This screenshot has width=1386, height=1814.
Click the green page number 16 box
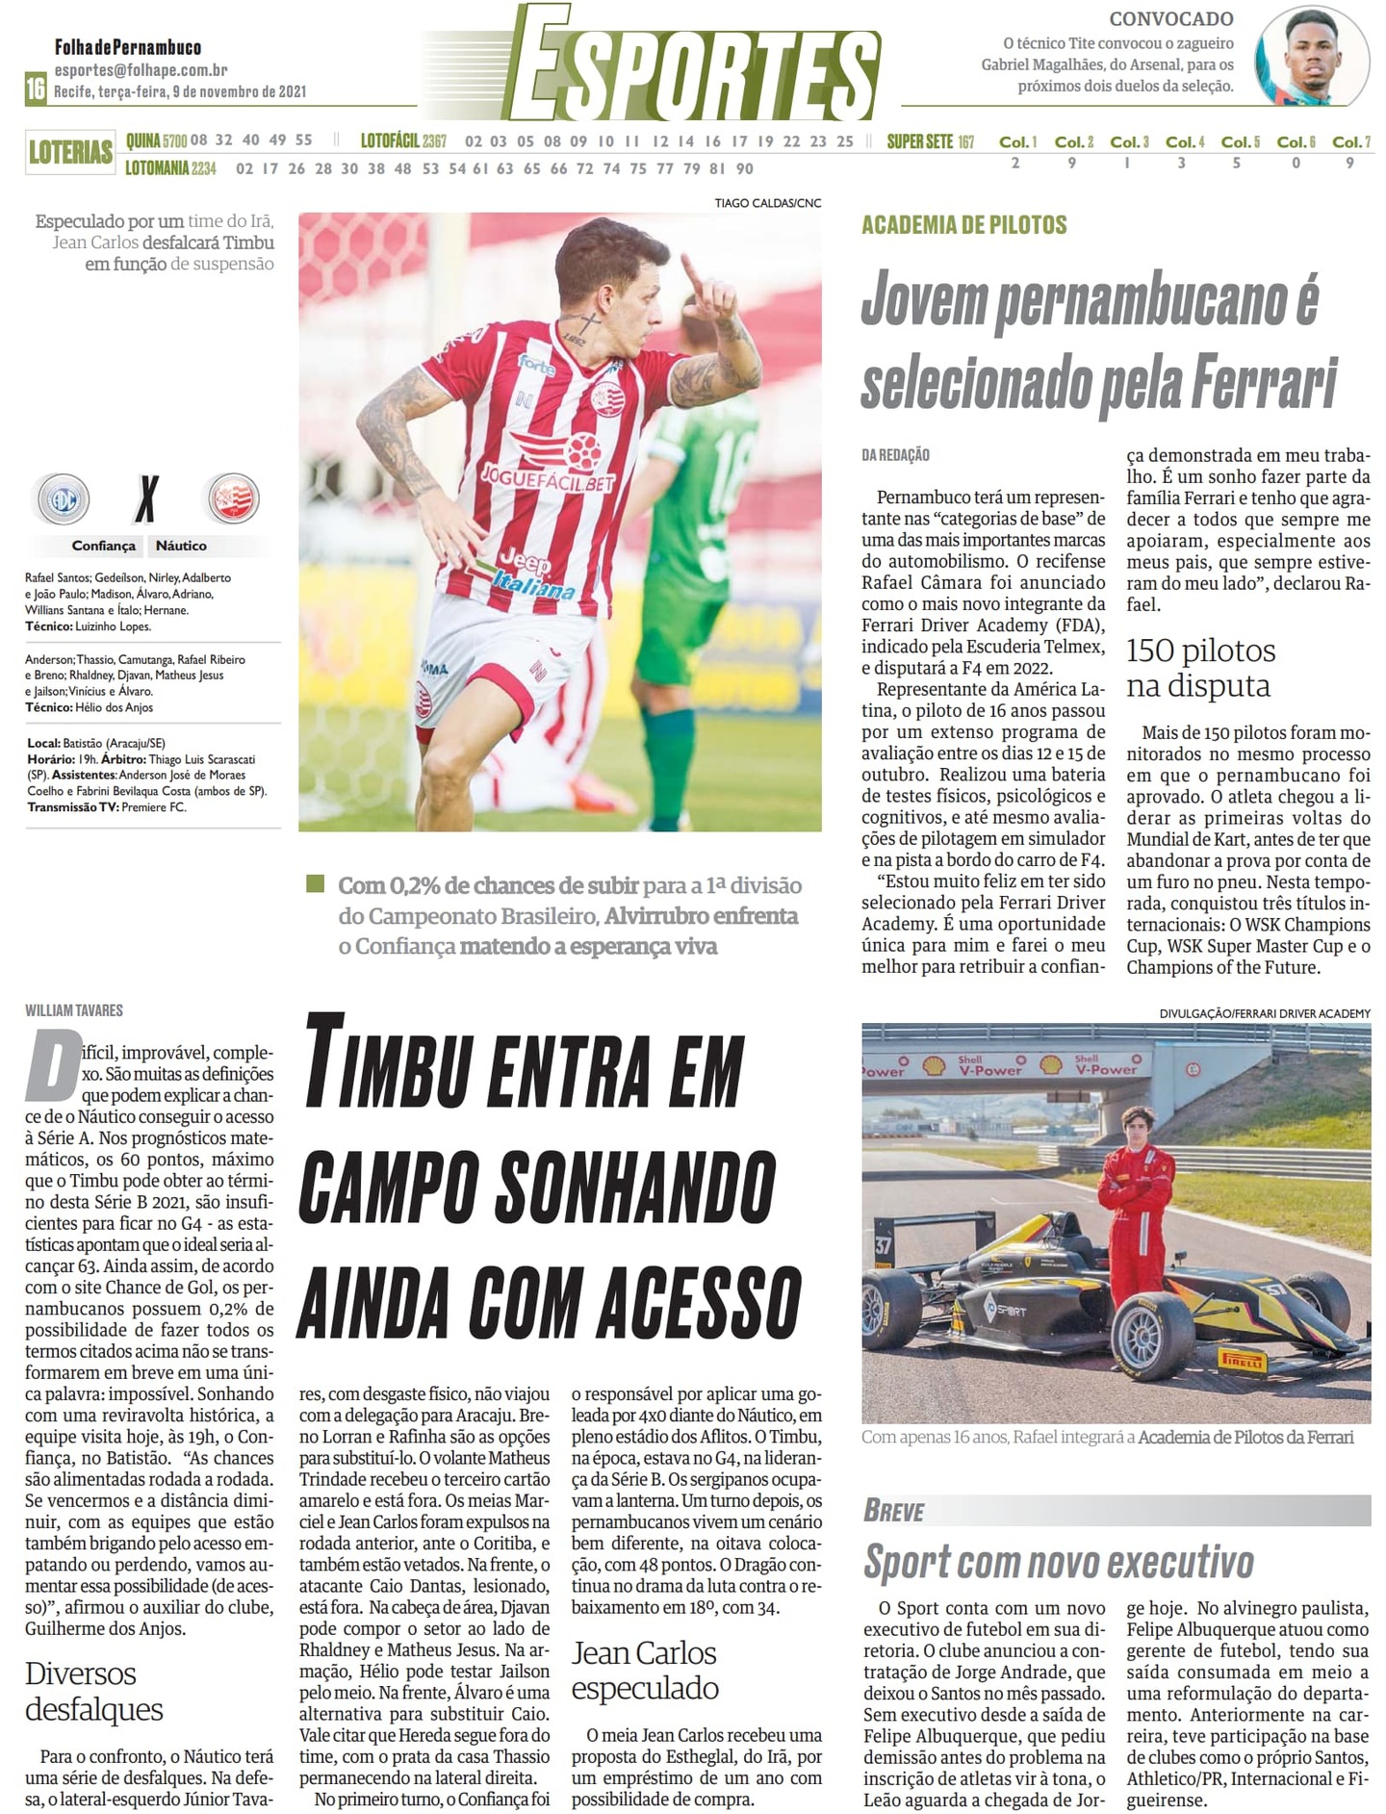pyautogui.click(x=36, y=89)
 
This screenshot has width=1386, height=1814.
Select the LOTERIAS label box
pyautogui.click(x=70, y=152)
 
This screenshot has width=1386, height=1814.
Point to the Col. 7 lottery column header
pyautogui.click(x=1350, y=142)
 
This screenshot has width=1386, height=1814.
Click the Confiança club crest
pyautogui.click(x=64, y=498)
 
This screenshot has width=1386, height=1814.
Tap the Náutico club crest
pyautogui.click(x=233, y=498)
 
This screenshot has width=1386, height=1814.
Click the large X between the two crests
pyautogui.click(x=146, y=498)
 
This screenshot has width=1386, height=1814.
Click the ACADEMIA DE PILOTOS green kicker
pyautogui.click(x=963, y=225)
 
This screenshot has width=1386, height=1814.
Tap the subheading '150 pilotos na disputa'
pyautogui.click(x=1199, y=668)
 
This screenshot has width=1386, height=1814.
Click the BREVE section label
pyautogui.click(x=894, y=1511)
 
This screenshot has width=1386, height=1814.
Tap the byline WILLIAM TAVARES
pyautogui.click(x=74, y=1010)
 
